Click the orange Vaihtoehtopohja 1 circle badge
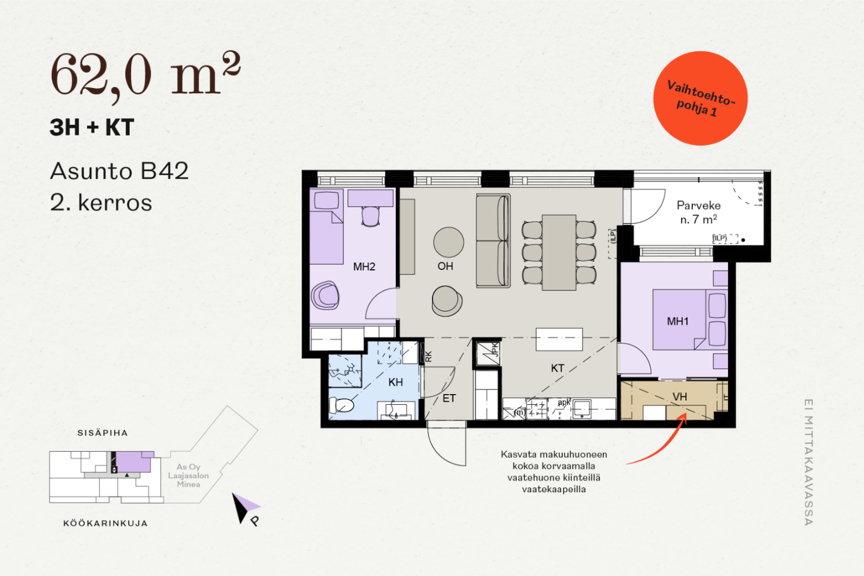pos(700,98)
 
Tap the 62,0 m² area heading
pos(145,75)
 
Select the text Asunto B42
pos(119,171)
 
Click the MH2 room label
pos(364,267)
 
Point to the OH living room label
pos(445,266)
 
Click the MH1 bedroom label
pos(678,321)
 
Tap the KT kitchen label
pos(557,368)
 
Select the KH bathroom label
pos(396,382)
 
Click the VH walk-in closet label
pos(680,397)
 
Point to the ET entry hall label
pos(449,398)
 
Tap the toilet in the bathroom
pos(341,405)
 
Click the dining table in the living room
pos(559,253)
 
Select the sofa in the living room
pos(493,241)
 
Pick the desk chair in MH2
pos(370,216)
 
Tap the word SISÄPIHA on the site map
pos(103,433)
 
